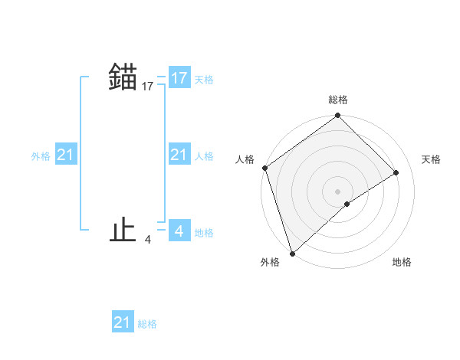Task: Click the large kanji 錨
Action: tap(123, 77)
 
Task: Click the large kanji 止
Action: tap(123, 230)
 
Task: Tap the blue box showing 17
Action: tap(179, 78)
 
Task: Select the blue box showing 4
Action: tap(179, 231)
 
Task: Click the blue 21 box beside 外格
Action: tap(65, 155)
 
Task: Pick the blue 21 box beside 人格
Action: tap(179, 155)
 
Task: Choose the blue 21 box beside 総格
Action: tap(122, 322)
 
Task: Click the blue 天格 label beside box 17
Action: tap(204, 80)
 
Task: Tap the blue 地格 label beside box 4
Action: tap(204, 233)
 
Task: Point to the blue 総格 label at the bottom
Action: tap(147, 324)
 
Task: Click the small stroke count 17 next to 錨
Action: tap(148, 87)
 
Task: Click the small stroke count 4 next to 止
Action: tap(148, 240)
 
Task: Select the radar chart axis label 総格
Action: tap(338, 100)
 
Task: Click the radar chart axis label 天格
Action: tap(431, 159)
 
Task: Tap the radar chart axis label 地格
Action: tap(402, 262)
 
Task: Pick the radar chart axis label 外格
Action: tap(270, 262)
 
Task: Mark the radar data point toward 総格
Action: tap(338, 116)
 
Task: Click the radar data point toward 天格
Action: tap(396, 173)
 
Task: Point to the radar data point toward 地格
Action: tap(347, 204)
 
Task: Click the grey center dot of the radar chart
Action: tap(338, 191)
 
